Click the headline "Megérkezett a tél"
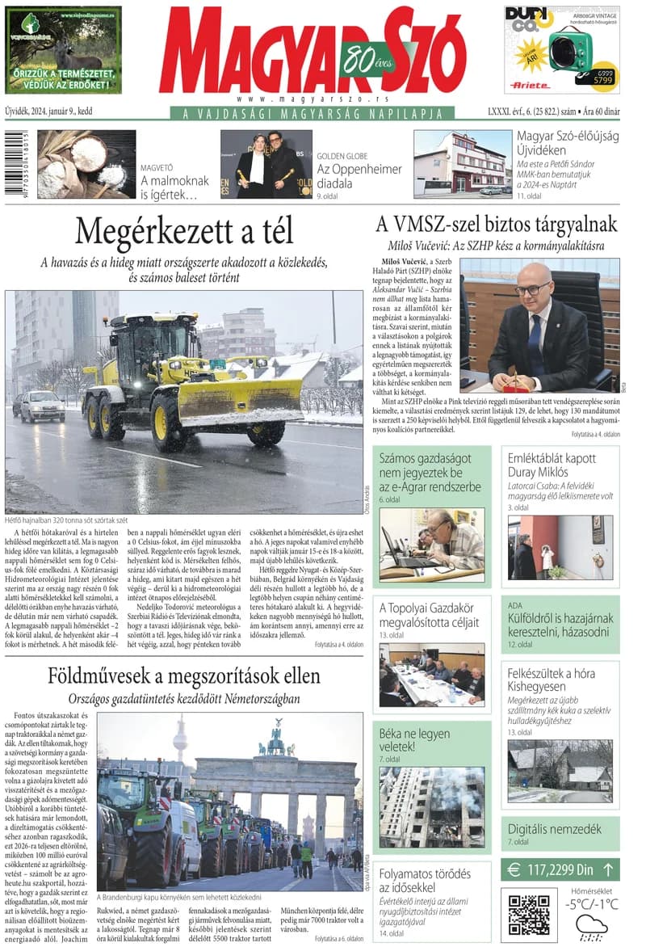(x=183, y=232)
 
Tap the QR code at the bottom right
(x=529, y=913)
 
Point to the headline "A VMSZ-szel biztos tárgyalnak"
(x=496, y=224)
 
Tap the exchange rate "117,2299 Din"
(x=549, y=869)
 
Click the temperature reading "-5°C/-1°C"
(x=591, y=904)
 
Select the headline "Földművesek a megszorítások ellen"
(x=183, y=676)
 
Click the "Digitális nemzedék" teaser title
(x=554, y=829)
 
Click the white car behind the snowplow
(x=42, y=406)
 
